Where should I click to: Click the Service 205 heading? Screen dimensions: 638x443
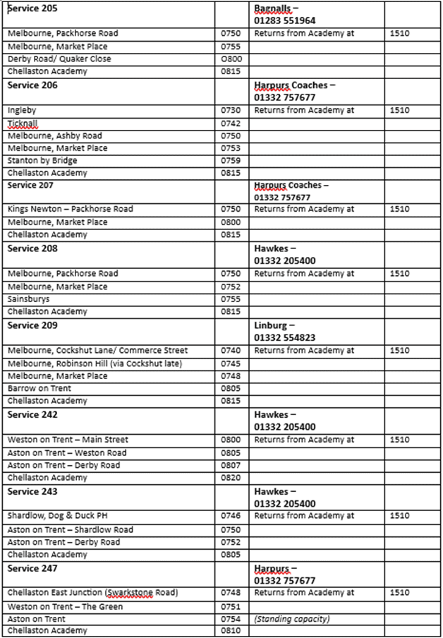tap(32, 8)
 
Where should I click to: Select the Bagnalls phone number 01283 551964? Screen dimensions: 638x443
tap(284, 21)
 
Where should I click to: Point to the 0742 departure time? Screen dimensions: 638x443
tap(231, 124)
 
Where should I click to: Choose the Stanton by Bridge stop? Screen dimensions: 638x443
tap(42, 161)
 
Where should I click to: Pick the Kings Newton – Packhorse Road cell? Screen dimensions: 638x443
tap(70, 210)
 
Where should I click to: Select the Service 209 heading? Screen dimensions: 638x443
tap(32, 326)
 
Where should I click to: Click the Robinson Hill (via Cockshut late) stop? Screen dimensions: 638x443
tap(95, 363)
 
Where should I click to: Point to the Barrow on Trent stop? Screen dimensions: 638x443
tap(40, 389)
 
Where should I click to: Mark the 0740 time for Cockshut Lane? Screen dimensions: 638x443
tap(231, 351)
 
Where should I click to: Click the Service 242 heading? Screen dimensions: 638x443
tap(32, 415)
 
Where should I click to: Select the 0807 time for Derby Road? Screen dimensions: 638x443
tap(231, 466)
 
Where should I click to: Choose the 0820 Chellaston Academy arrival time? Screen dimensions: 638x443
tap(231, 478)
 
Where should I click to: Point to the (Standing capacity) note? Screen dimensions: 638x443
tap(292, 619)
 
